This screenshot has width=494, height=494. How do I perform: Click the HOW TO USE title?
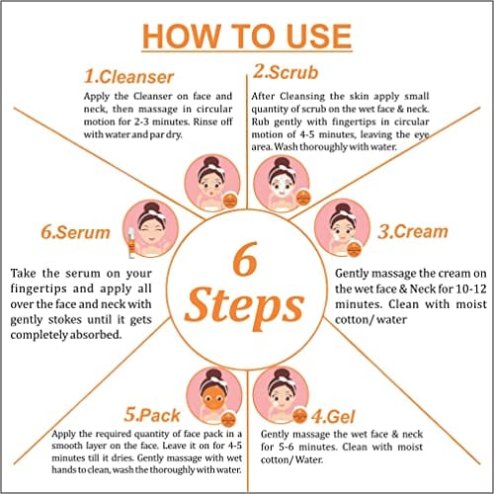(x=247, y=37)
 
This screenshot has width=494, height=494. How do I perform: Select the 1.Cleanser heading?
(x=128, y=77)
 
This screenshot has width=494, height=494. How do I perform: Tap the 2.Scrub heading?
(x=286, y=72)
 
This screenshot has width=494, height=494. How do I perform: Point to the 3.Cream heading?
(x=413, y=231)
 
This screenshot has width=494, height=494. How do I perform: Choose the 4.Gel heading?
(x=333, y=417)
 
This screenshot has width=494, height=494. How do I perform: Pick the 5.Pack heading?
(x=152, y=415)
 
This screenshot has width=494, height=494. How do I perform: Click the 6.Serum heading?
(x=75, y=232)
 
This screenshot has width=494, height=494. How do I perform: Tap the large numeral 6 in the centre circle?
(x=245, y=259)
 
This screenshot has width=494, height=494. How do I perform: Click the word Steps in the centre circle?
(x=244, y=308)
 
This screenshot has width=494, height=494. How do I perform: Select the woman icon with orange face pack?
(x=214, y=396)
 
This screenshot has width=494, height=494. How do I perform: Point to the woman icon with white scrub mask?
(x=282, y=183)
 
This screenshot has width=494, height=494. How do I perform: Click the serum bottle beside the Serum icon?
(x=131, y=242)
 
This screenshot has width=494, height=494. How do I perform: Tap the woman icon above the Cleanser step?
(x=212, y=183)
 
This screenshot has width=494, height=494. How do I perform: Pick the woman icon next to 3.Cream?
(x=343, y=227)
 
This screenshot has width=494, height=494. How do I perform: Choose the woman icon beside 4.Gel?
(x=281, y=395)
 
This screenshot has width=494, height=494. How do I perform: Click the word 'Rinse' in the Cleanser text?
(x=205, y=122)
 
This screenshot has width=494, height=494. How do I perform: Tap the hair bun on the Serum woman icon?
(x=151, y=206)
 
